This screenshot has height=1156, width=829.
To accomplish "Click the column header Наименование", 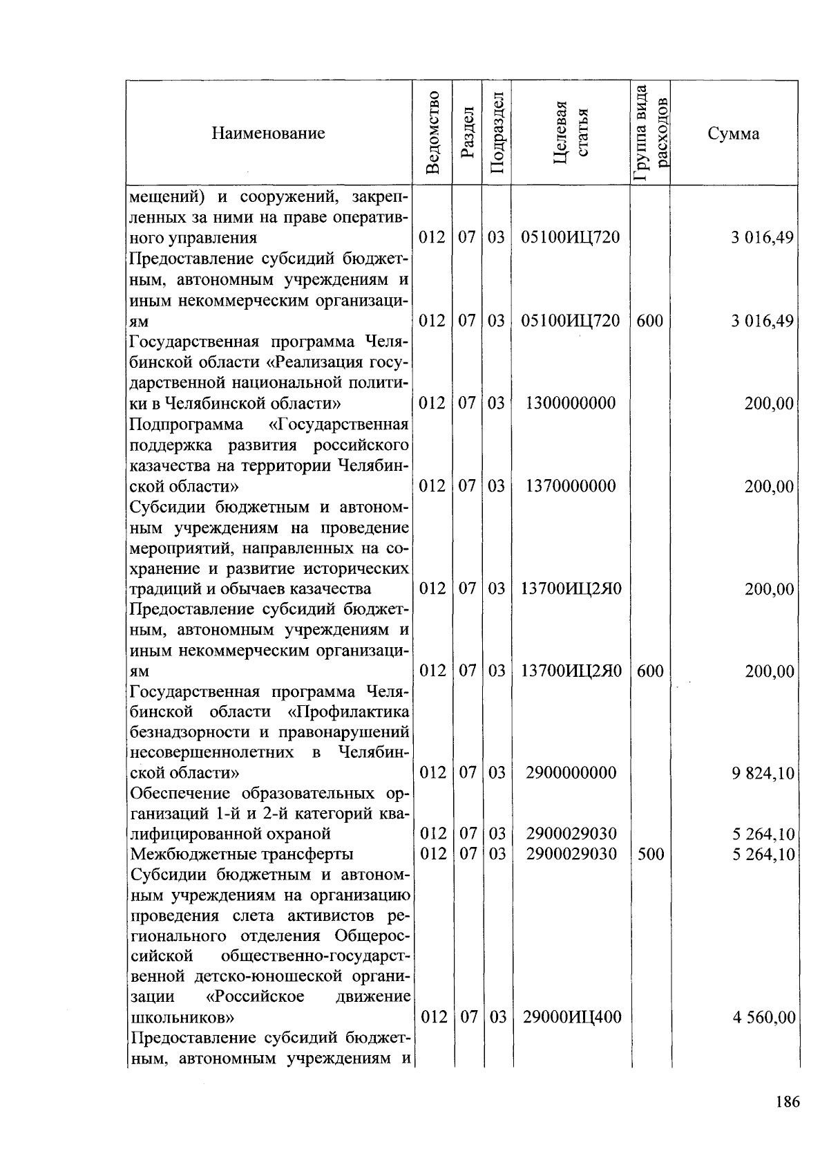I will pyautogui.click(x=268, y=133).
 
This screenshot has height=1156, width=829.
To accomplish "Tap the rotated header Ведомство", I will pyautogui.click(x=432, y=133).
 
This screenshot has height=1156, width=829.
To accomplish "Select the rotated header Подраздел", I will pyautogui.click(x=497, y=133).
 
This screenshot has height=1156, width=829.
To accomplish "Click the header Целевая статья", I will pyautogui.click(x=571, y=133).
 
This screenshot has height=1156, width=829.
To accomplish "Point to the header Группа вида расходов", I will pyautogui.click(x=651, y=133).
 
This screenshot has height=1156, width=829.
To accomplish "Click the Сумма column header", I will pyautogui.click(x=734, y=133).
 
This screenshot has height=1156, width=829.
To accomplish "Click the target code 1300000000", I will pyautogui.click(x=571, y=403).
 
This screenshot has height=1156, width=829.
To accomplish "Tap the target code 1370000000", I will pyautogui.click(x=571, y=486).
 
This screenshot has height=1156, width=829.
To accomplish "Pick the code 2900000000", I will pyautogui.click(x=571, y=772).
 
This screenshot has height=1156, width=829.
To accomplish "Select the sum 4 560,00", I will pyautogui.click(x=763, y=1018).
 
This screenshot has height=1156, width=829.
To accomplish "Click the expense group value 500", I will pyautogui.click(x=650, y=854).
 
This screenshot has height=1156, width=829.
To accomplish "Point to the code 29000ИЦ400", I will pyautogui.click(x=571, y=1017).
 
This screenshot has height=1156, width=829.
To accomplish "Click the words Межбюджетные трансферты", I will pyautogui.click(x=242, y=855).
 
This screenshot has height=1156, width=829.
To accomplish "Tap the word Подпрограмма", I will pyautogui.click(x=186, y=423).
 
